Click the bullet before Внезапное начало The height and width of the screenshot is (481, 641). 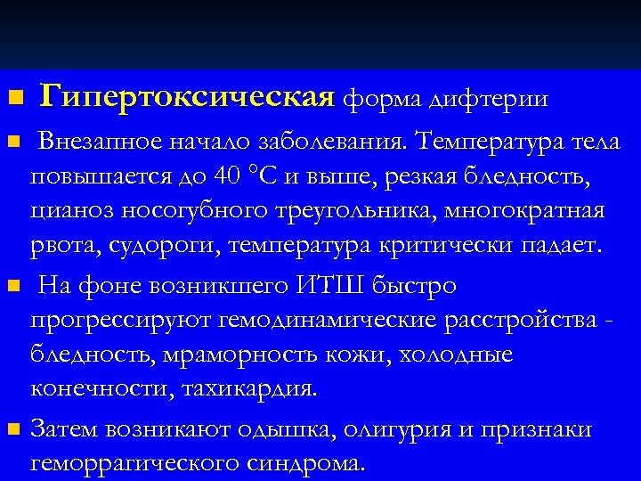pyautogui.click(x=12, y=143)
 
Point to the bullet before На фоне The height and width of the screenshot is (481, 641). pyautogui.click(x=12, y=288)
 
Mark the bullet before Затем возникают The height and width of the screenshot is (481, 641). pyautogui.click(x=12, y=431)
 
